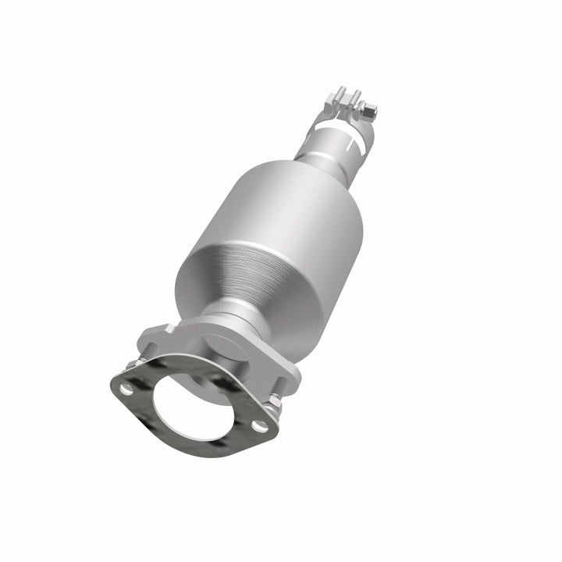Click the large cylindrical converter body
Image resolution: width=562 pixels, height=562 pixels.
(x=265, y=242)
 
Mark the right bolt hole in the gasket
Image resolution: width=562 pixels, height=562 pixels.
(x=257, y=425)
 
